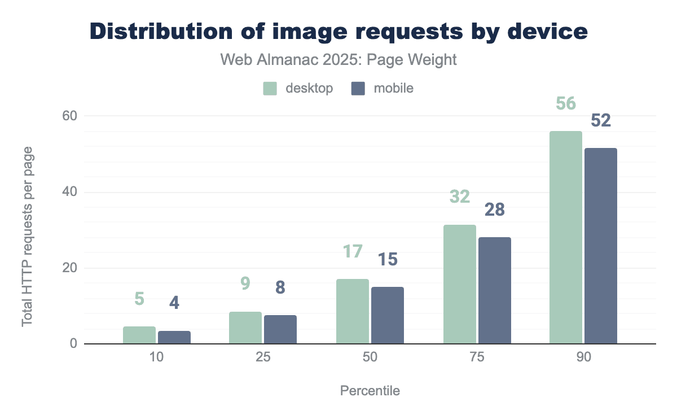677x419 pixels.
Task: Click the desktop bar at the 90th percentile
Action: (566, 237)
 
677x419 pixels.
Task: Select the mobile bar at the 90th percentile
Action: (601, 246)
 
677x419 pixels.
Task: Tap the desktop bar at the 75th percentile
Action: (459, 284)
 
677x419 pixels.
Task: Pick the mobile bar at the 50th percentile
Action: (387, 315)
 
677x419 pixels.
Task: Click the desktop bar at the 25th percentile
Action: (245, 328)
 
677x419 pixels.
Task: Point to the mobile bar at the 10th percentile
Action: (174, 337)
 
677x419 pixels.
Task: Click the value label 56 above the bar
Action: (566, 104)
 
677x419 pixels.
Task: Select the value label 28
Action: (494, 210)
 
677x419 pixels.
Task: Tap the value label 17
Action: (353, 252)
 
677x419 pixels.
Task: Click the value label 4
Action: (174, 303)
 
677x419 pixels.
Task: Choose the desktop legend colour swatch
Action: (270, 89)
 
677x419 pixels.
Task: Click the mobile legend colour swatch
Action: (358, 89)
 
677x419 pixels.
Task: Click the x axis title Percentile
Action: (370, 391)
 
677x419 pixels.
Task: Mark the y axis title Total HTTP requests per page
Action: (27, 236)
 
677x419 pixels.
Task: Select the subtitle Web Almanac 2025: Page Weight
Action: (338, 60)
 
